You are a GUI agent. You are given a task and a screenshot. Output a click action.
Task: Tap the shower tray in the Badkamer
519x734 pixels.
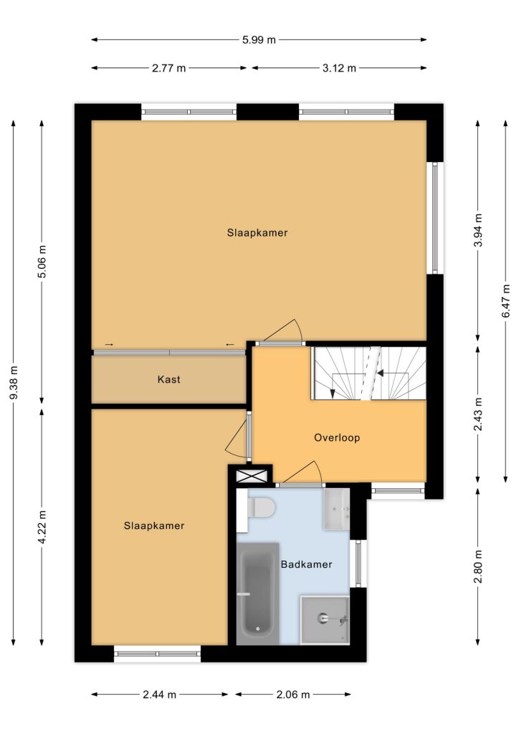point(325,620)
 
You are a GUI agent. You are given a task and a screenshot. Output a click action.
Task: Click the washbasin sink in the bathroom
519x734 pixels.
point(336,510)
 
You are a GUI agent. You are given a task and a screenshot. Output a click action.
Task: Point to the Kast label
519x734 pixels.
point(169,379)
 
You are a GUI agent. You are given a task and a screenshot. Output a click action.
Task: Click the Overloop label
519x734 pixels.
point(337,438)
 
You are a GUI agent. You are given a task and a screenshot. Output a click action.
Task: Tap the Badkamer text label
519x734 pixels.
point(307,564)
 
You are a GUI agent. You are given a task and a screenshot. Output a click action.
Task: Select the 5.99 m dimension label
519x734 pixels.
point(259,40)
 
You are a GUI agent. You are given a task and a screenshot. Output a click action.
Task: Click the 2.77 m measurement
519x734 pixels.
point(168,68)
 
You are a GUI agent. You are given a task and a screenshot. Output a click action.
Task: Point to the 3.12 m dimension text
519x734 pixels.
point(339,68)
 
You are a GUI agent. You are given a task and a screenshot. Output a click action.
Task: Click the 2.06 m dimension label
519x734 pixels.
point(293,694)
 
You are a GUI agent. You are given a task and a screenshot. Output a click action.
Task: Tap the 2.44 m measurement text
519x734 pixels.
point(160,694)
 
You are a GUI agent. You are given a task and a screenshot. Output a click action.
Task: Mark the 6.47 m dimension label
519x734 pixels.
point(506,301)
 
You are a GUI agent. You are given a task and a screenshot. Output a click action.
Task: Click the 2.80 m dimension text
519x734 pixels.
point(478,567)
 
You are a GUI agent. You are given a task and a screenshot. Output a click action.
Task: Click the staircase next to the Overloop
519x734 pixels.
point(369,373)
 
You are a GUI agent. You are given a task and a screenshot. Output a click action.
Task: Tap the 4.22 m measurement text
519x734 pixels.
point(42,527)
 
